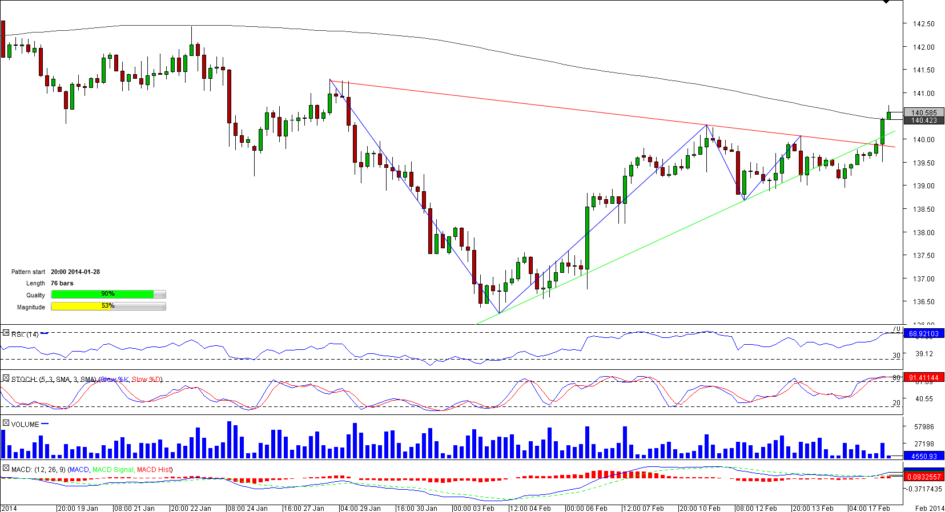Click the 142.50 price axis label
click(x=923, y=24)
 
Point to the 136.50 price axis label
click(x=923, y=302)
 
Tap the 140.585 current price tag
click(x=924, y=113)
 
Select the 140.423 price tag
click(x=924, y=120)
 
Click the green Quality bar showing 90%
click(x=103, y=294)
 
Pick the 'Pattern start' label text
click(x=28, y=272)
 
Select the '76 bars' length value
click(x=62, y=283)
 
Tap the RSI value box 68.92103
click(x=924, y=334)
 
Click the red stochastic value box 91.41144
click(x=924, y=378)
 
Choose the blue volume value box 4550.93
click(x=924, y=457)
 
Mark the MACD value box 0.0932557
click(x=924, y=477)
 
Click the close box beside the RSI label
click(x=6, y=333)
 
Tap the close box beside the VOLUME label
click(x=6, y=424)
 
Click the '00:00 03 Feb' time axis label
click(x=473, y=508)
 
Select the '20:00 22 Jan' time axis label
click(x=191, y=508)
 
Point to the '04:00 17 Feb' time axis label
click(x=869, y=508)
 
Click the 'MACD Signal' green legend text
click(x=113, y=470)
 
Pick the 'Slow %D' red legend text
click(x=146, y=380)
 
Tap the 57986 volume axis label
click(x=924, y=426)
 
